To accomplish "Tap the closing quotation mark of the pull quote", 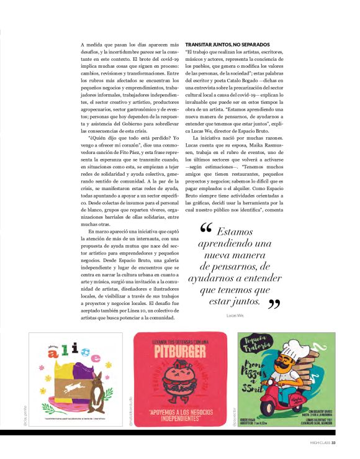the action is coord(274,304).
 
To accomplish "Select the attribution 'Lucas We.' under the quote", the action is coord(235,316).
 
